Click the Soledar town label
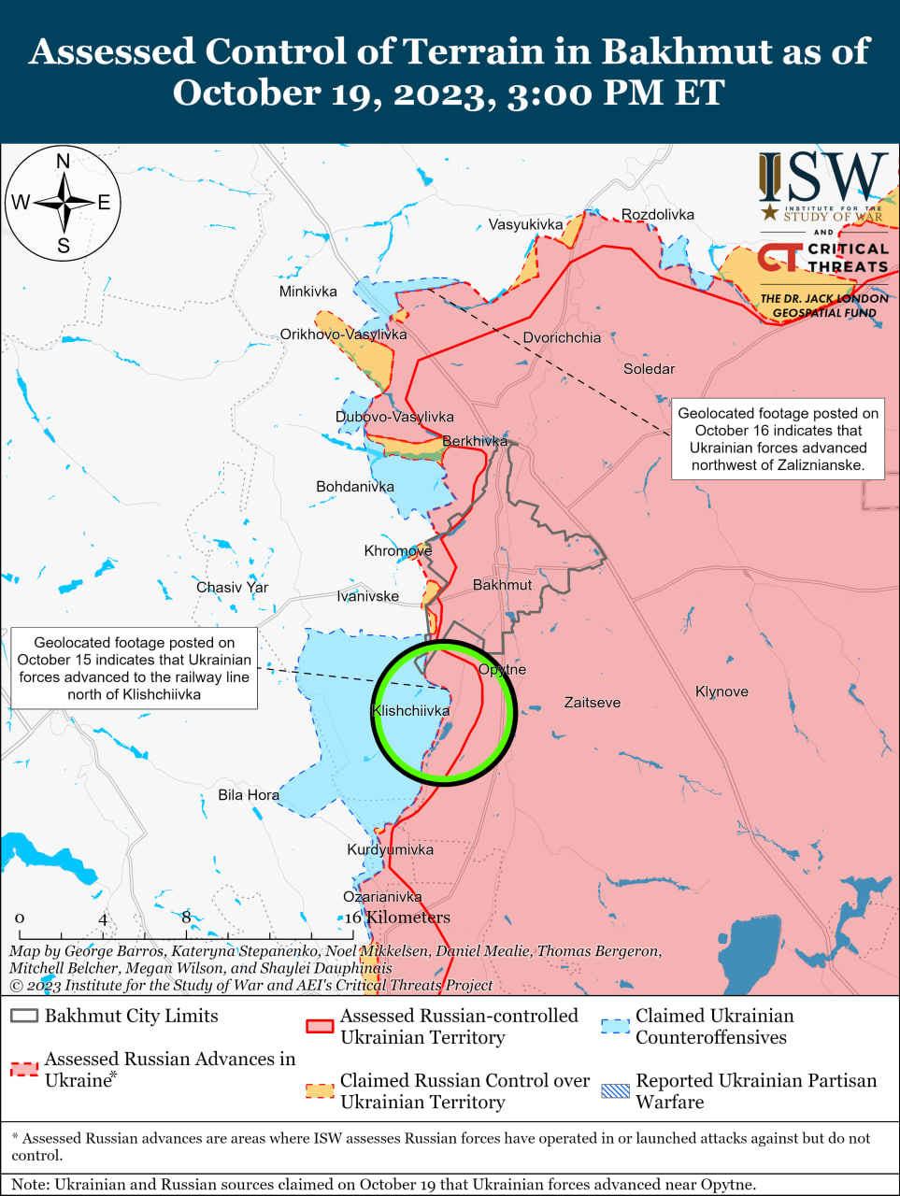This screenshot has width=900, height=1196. click(x=649, y=369)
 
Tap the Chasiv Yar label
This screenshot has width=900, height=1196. click(x=232, y=588)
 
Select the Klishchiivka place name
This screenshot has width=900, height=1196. click(x=410, y=711)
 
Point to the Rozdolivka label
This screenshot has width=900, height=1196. click(x=658, y=215)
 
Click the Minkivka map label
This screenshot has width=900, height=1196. click(x=307, y=292)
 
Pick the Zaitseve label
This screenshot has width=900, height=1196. click(x=592, y=703)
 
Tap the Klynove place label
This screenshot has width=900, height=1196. click(x=721, y=692)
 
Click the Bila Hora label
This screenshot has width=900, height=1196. click(x=248, y=795)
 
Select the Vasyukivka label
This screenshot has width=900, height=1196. click(x=525, y=225)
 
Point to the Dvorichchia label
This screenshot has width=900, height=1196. click(x=562, y=338)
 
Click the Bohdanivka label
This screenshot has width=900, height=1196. click(x=354, y=487)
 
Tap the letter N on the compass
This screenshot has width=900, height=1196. click(x=64, y=162)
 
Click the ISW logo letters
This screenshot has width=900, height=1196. click(x=822, y=178)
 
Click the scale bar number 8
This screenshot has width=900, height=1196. click(x=186, y=918)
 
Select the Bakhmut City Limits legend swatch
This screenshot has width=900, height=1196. click(x=24, y=1017)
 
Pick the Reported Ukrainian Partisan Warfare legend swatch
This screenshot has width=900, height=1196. click(x=615, y=1090)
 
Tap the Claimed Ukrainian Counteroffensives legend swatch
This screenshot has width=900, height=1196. click(x=615, y=1026)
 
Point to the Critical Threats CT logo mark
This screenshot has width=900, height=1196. click(x=779, y=258)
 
